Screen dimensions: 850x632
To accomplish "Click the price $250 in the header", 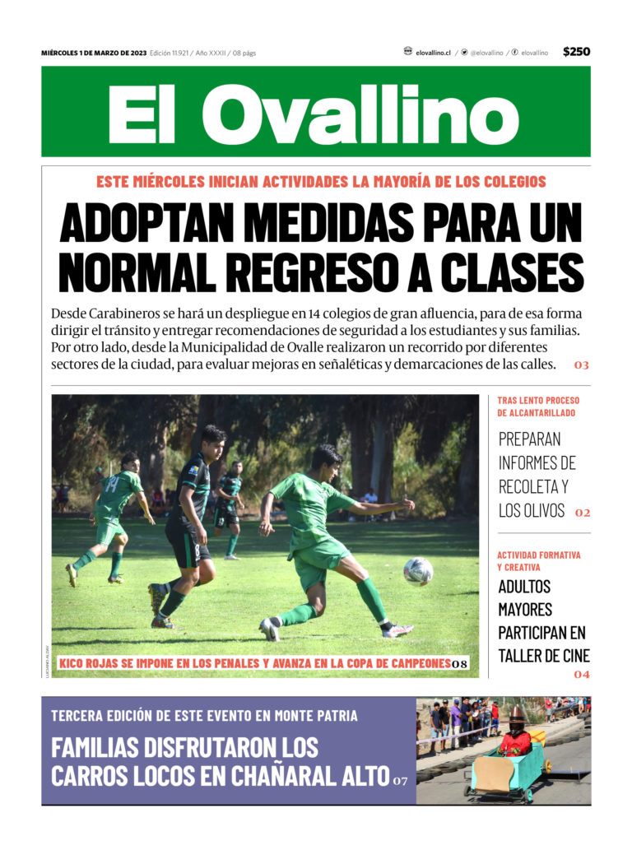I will point(576,52).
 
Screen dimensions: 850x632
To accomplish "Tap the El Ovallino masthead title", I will point(315,113).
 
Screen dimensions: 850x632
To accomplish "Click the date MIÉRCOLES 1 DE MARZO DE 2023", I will point(94,53).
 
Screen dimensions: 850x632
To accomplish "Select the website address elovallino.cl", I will point(433,53).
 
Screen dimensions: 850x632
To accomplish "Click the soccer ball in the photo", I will point(418,570).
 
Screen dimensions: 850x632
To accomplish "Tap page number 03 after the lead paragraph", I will point(582,365).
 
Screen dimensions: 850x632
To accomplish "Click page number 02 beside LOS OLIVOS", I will point(583,513).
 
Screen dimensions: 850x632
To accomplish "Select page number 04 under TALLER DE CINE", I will point(582,675).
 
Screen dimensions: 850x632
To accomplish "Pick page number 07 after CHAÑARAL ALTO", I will point(400,780).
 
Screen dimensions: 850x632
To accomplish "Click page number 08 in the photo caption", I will point(460,664).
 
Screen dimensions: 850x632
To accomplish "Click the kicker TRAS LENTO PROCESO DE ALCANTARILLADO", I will point(537,406).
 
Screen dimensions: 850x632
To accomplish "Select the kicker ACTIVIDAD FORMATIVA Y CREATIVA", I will point(538,561).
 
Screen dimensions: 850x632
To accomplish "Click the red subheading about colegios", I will point(321,181).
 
